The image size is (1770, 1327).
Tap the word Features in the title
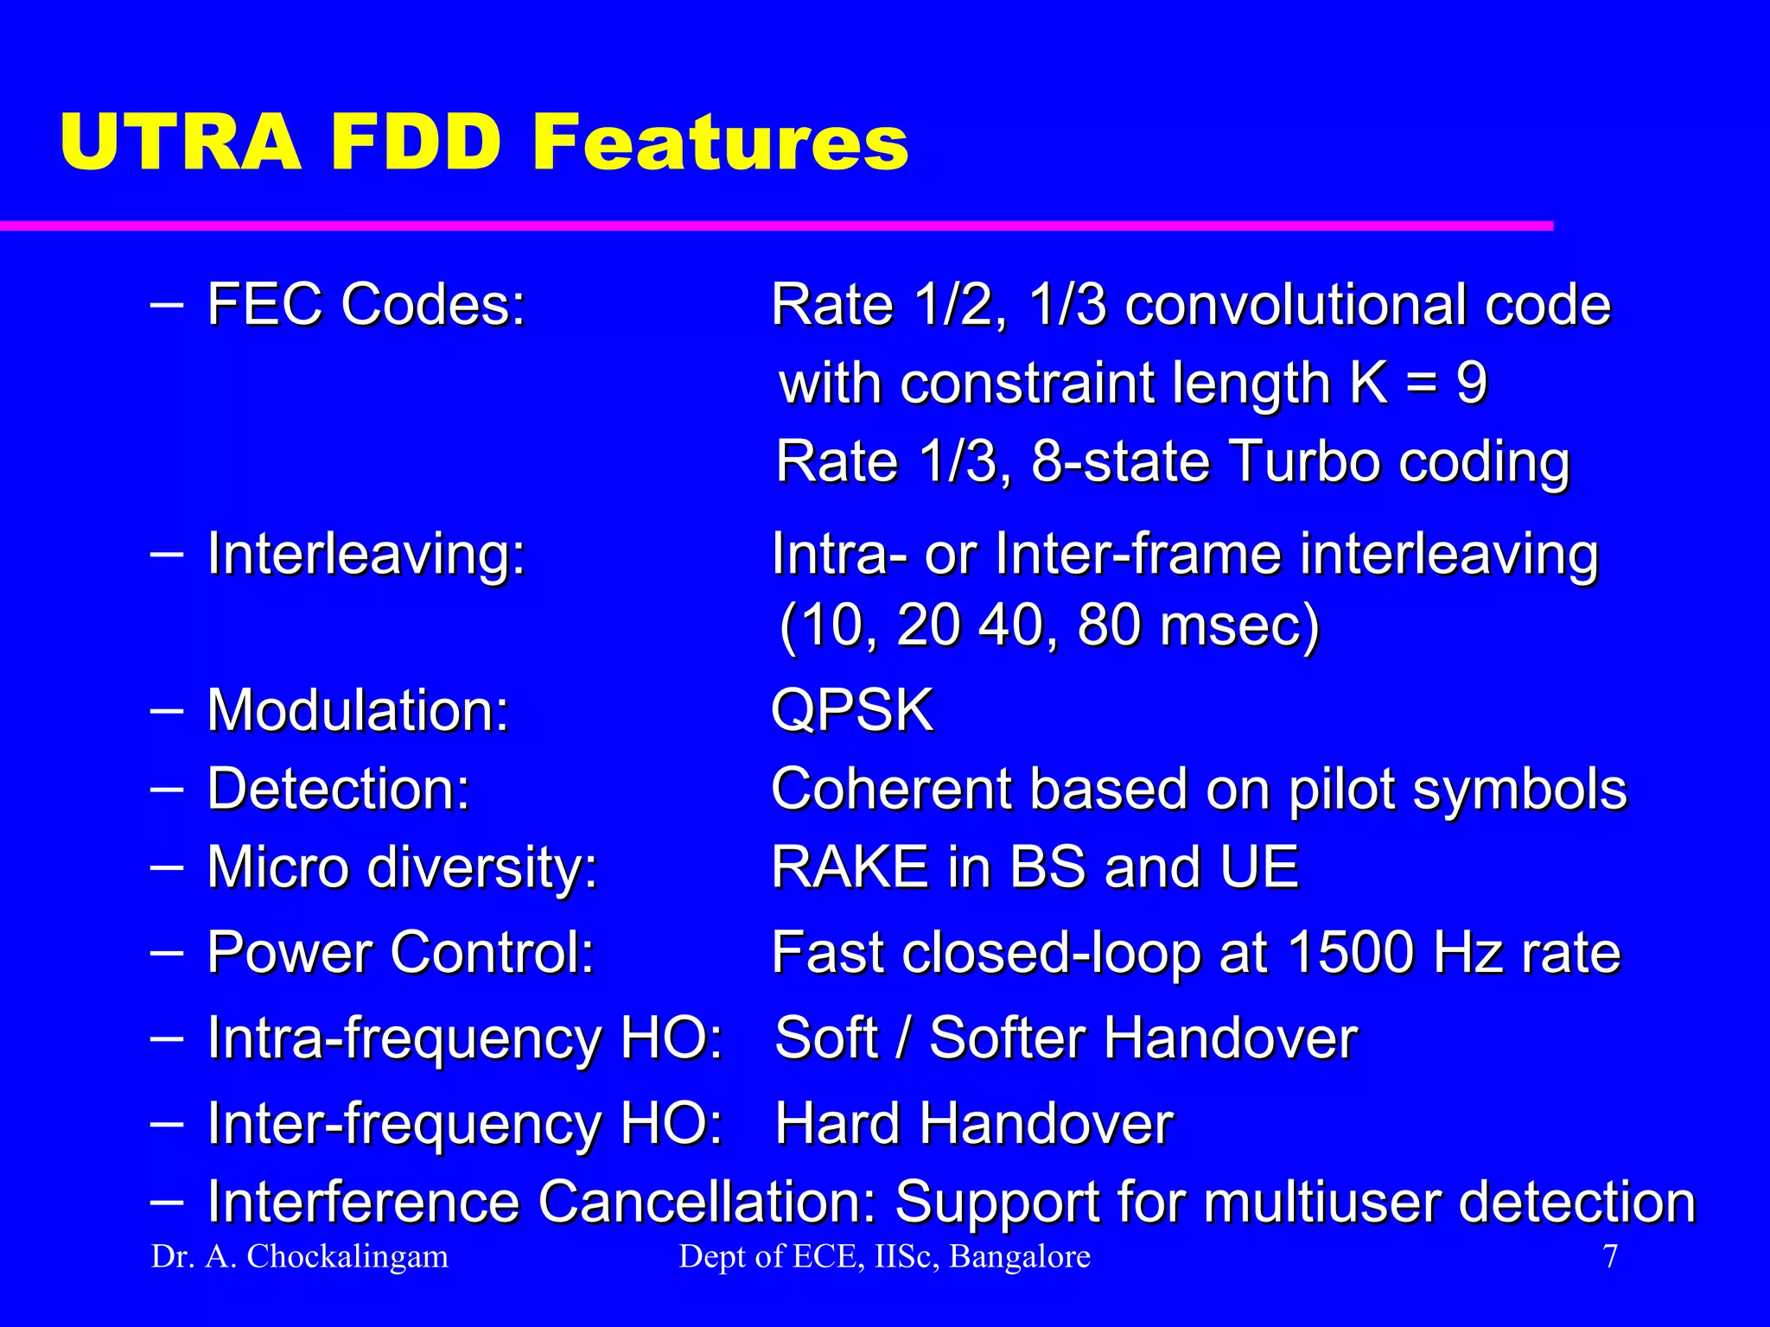click(x=719, y=143)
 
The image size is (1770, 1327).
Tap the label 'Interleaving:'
click(x=366, y=554)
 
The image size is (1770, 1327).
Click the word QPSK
click(x=852, y=711)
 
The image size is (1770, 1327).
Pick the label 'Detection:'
click(x=339, y=789)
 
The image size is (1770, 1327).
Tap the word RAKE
click(x=850, y=867)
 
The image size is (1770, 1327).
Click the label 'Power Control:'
click(x=401, y=953)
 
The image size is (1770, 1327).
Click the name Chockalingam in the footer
click(x=347, y=1257)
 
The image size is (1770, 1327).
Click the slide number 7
click(x=1610, y=1257)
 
